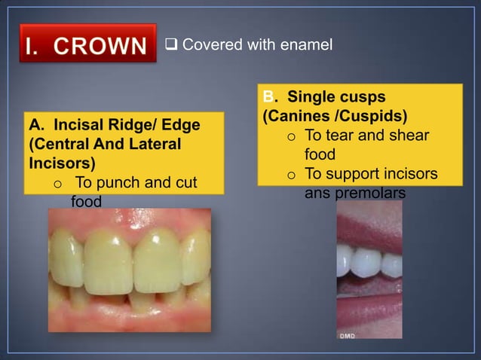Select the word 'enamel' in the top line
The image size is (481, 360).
(x=305, y=45)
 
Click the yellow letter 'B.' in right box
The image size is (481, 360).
(x=269, y=97)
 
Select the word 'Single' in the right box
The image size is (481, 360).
(x=311, y=97)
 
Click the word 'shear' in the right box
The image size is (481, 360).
(x=409, y=136)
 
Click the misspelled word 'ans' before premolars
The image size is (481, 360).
(x=317, y=194)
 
